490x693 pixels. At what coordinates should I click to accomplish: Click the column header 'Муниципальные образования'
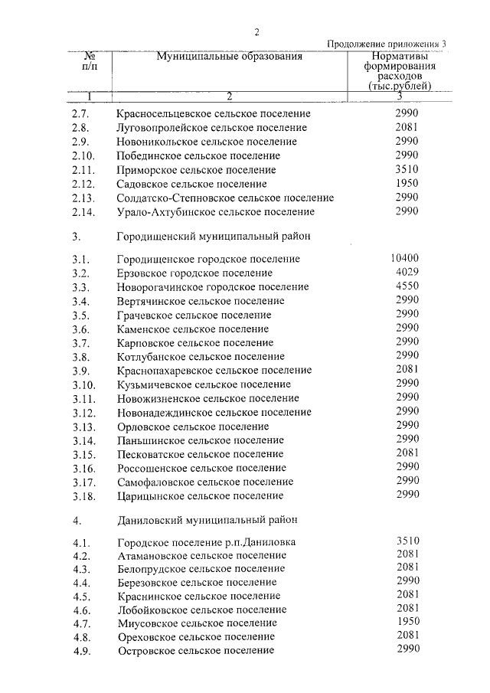coord(230,57)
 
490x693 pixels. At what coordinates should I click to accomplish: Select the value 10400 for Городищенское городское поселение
coord(404,258)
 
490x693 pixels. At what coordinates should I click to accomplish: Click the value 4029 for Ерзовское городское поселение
coord(407,272)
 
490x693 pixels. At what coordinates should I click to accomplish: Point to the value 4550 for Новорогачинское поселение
coord(407,286)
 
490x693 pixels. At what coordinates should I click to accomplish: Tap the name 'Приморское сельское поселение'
coord(196,170)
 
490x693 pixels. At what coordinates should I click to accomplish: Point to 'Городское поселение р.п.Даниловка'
coord(207,543)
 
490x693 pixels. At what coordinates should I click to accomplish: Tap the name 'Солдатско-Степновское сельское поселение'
coord(226,198)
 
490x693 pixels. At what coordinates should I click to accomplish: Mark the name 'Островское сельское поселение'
coord(196,651)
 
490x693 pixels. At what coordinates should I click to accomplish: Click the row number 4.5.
coord(80,596)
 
